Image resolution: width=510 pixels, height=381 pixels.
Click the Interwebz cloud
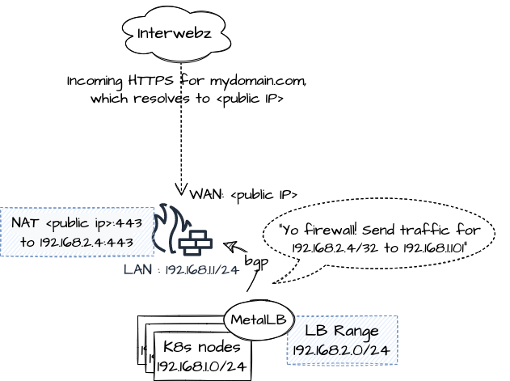tap(175, 33)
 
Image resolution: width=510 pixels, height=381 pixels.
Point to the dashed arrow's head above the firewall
tap(181, 191)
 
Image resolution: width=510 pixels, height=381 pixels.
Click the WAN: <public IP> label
tap(243, 195)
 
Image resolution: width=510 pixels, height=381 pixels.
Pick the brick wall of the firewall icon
tap(196, 241)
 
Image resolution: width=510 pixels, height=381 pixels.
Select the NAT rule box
tap(77, 232)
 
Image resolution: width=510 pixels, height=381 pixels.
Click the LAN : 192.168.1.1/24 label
tap(181, 270)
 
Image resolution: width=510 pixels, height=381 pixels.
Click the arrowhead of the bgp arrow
tap(228, 245)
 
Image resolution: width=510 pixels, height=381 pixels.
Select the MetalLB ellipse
tap(258, 320)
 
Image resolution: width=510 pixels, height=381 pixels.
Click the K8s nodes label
tap(201, 346)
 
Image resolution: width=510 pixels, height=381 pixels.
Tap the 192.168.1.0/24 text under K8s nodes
tap(201, 366)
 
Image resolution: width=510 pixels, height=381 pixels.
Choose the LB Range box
tap(341, 340)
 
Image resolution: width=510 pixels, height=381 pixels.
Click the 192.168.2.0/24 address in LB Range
tap(341, 350)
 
